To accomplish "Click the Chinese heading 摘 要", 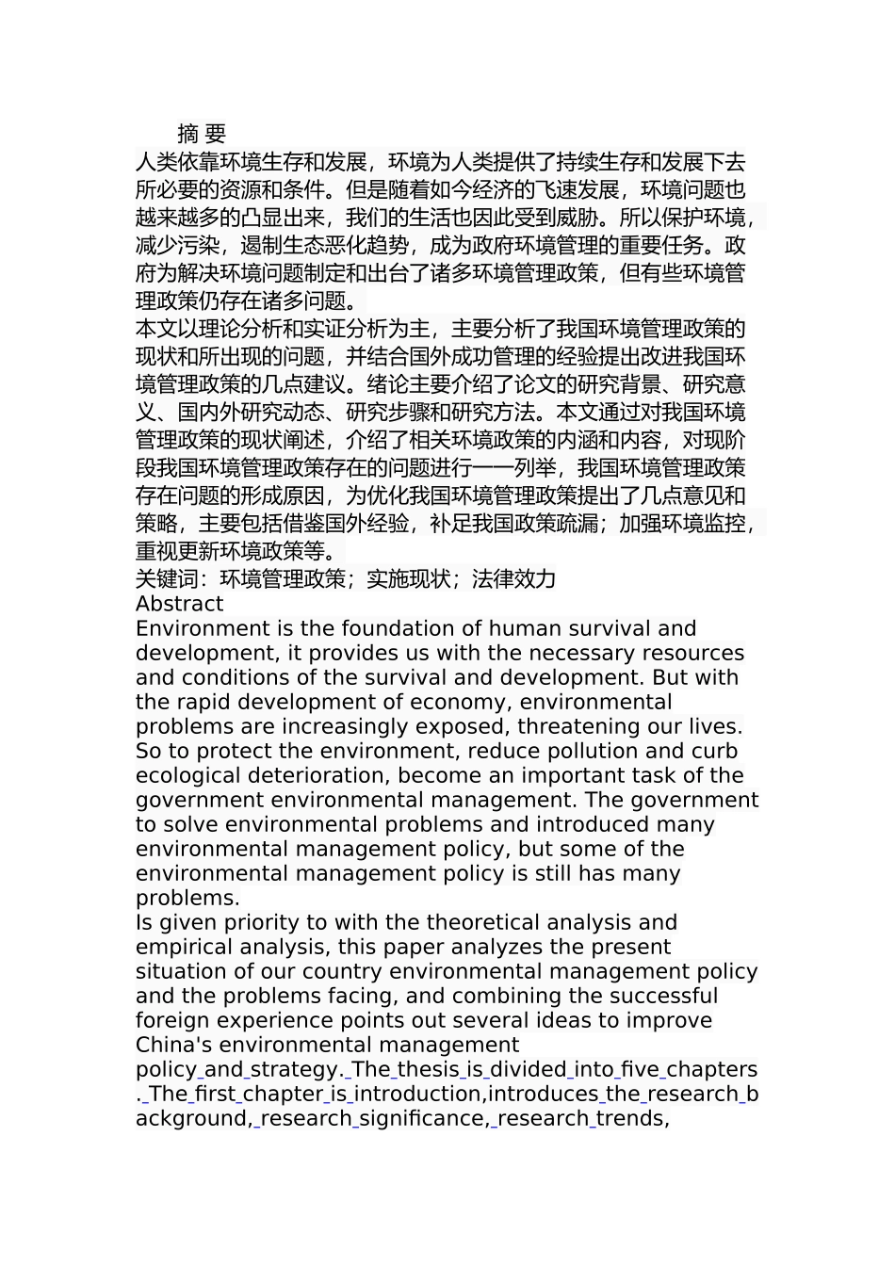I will click(x=202, y=134).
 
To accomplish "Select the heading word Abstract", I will click(x=179, y=604).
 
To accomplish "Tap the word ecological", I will click(x=187, y=775).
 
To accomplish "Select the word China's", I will click(x=171, y=1045).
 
